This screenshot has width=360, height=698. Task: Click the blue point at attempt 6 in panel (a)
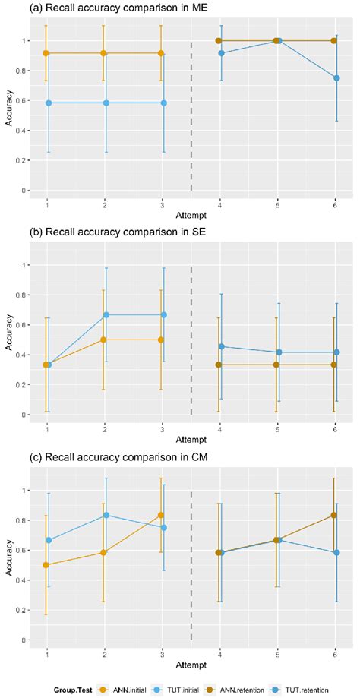(x=336, y=78)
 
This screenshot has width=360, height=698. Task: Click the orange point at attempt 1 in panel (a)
(x=47, y=53)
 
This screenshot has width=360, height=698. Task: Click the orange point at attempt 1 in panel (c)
(x=47, y=565)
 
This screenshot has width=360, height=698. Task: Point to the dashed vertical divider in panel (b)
(x=191, y=342)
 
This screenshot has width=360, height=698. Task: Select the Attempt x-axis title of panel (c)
(x=191, y=665)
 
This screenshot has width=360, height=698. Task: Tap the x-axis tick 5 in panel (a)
(x=277, y=204)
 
